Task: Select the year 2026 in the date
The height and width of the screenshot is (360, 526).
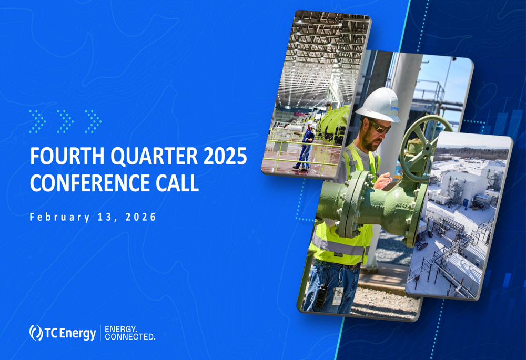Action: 141,217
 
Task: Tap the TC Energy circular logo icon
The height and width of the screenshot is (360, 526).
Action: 36,333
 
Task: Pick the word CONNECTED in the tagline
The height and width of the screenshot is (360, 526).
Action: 130,337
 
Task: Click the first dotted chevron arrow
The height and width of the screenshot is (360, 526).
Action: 37,121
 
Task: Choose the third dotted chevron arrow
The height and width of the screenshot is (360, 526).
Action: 93,121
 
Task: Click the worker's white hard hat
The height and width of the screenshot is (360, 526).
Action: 379,105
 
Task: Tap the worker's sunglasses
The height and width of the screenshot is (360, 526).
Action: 380,126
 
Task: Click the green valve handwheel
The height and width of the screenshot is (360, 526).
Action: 424,148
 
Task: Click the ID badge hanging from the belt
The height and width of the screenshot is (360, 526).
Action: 338,295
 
